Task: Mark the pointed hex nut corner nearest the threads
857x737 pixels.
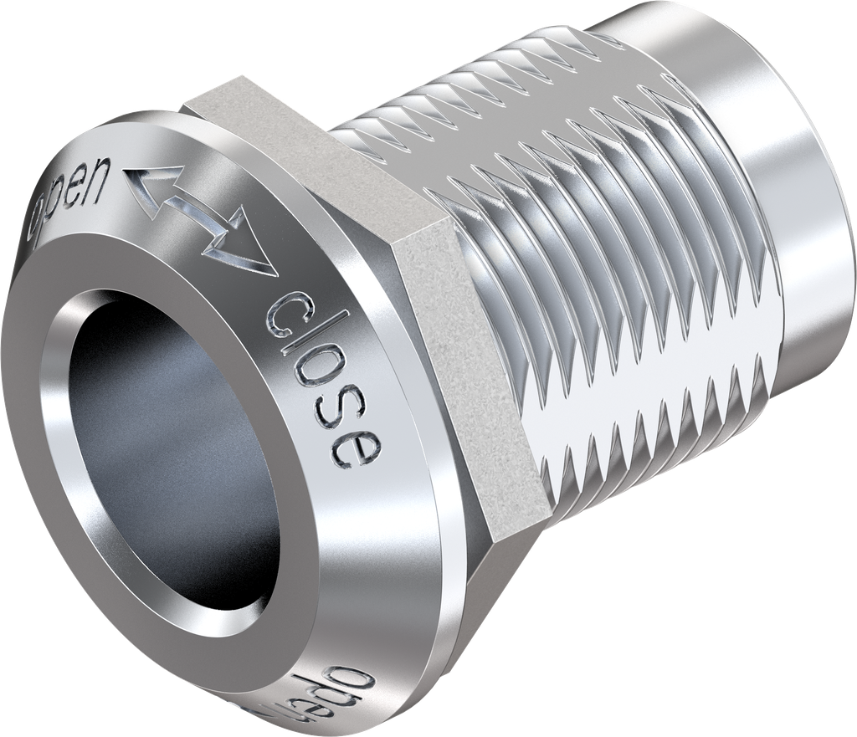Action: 444,222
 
